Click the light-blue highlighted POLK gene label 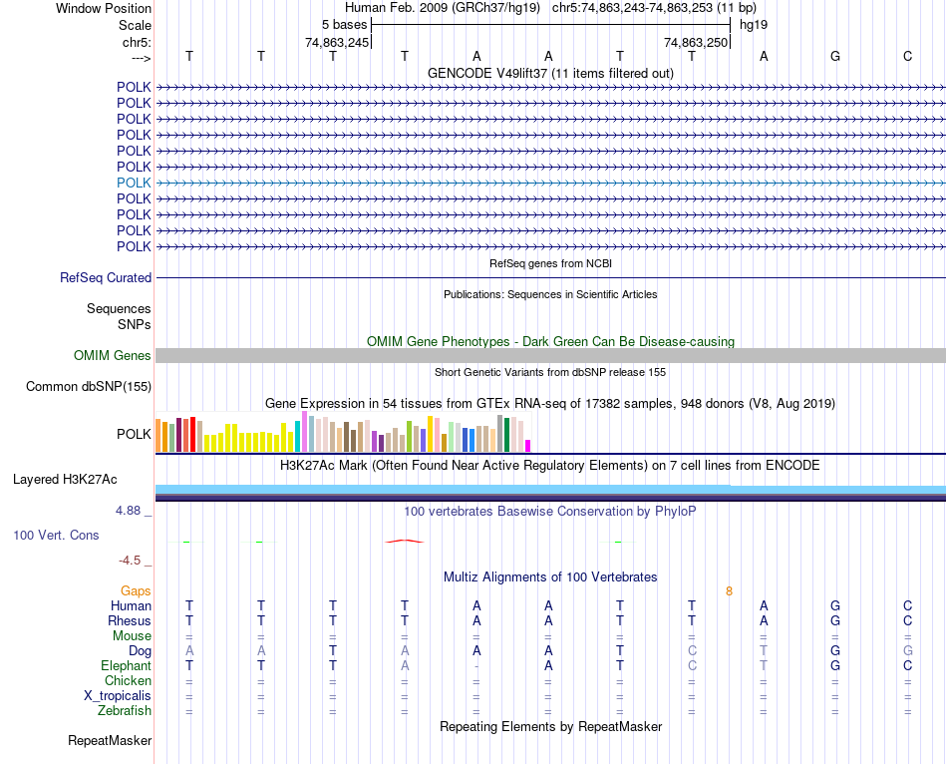134,183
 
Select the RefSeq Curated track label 106,277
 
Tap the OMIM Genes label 113,355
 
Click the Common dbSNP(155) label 89,386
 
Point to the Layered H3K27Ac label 65,479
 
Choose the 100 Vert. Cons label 56,535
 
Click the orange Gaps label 136,590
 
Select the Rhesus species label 130,620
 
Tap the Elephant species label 126,665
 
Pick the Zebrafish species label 125,710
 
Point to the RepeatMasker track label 110,740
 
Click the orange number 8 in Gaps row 729,590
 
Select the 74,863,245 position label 337,42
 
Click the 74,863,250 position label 696,42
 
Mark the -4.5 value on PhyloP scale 131,560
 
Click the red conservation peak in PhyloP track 404,541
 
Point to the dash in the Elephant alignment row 476,665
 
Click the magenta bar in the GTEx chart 528,445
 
